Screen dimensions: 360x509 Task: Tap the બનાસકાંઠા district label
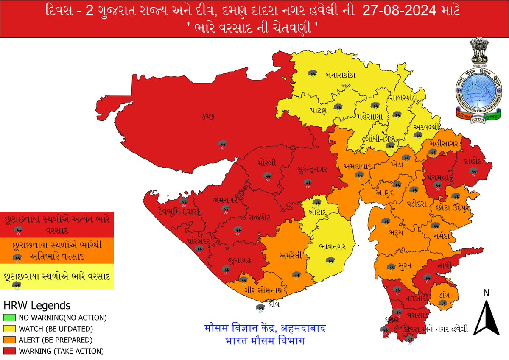click(x=340, y=75)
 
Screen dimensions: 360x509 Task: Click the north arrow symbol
click(x=486, y=316)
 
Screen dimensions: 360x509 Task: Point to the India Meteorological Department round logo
click(x=478, y=92)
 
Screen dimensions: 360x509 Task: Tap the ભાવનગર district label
click(x=333, y=246)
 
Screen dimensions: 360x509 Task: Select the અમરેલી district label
click(x=291, y=255)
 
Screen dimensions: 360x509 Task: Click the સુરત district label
click(x=407, y=266)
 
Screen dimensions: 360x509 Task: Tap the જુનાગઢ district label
click(x=235, y=260)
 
